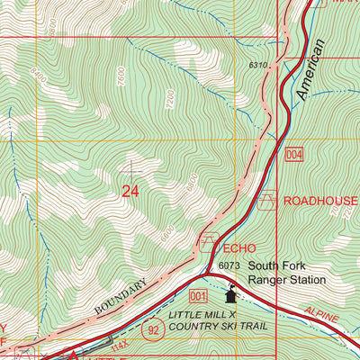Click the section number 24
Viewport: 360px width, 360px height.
click(130, 191)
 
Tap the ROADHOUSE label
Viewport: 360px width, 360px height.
click(319, 201)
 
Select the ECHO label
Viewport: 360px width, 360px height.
click(240, 247)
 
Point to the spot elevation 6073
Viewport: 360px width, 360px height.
click(228, 266)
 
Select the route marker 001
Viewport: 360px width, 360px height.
click(199, 295)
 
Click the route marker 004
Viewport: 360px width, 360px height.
click(297, 156)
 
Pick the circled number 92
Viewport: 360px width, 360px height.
click(154, 329)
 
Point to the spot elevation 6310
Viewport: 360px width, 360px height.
click(258, 65)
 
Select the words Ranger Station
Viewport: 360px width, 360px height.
click(290, 280)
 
